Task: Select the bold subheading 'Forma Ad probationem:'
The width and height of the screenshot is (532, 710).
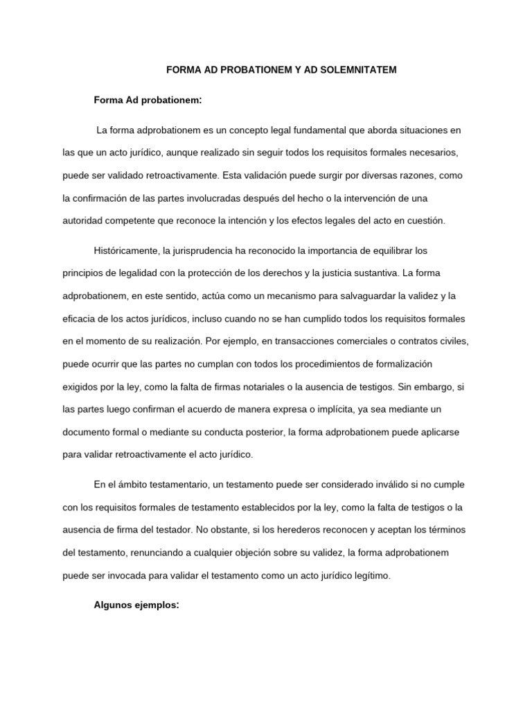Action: coord(148,101)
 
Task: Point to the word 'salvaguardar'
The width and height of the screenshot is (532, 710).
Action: coord(351,296)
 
